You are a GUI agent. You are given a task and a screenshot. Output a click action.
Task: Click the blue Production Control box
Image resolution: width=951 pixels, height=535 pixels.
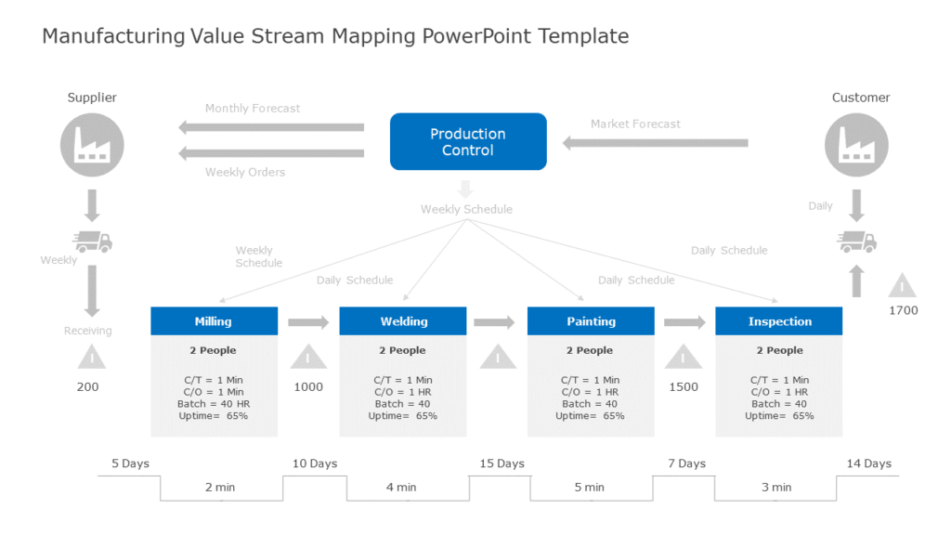(x=468, y=141)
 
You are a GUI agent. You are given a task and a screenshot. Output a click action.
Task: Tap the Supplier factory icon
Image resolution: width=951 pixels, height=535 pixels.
(x=92, y=145)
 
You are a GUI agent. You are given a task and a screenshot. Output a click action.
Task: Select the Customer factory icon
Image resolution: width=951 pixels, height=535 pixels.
(x=856, y=145)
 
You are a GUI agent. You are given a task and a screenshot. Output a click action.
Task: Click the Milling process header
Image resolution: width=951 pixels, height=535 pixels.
(x=214, y=321)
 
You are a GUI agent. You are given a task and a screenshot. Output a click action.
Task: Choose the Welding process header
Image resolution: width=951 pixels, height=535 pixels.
(x=403, y=321)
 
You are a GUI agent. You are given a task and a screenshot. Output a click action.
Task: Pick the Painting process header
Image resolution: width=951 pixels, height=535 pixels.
(x=591, y=321)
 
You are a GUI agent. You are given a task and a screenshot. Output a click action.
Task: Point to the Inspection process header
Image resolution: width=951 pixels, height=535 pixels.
(x=779, y=321)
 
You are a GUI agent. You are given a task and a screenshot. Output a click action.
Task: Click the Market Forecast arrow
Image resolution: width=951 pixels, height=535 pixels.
(x=656, y=143)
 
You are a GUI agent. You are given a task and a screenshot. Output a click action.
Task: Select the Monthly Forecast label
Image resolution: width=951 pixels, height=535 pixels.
(x=253, y=109)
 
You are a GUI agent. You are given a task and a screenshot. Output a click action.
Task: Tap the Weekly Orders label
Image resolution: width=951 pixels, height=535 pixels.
(x=245, y=172)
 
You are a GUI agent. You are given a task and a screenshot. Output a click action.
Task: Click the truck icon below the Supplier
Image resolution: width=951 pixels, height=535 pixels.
(x=92, y=241)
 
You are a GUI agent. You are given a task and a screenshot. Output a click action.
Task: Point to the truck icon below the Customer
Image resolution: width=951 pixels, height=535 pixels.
(x=856, y=241)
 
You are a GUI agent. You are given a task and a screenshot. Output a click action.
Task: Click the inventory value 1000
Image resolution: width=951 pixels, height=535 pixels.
(x=308, y=386)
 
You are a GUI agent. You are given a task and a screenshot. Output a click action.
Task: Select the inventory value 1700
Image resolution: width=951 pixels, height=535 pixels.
(x=903, y=310)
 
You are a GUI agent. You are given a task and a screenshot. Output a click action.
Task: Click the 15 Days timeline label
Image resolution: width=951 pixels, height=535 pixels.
(x=502, y=463)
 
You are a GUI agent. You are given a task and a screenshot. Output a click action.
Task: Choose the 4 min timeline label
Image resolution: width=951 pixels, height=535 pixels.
(x=401, y=487)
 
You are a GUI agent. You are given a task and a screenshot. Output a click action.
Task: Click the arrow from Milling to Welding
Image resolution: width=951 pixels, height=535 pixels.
(x=308, y=322)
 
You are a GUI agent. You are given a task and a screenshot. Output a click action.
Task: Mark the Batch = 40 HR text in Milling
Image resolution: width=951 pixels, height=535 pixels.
(x=214, y=404)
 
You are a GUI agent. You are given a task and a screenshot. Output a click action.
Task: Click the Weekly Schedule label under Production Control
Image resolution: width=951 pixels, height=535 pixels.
(x=466, y=209)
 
